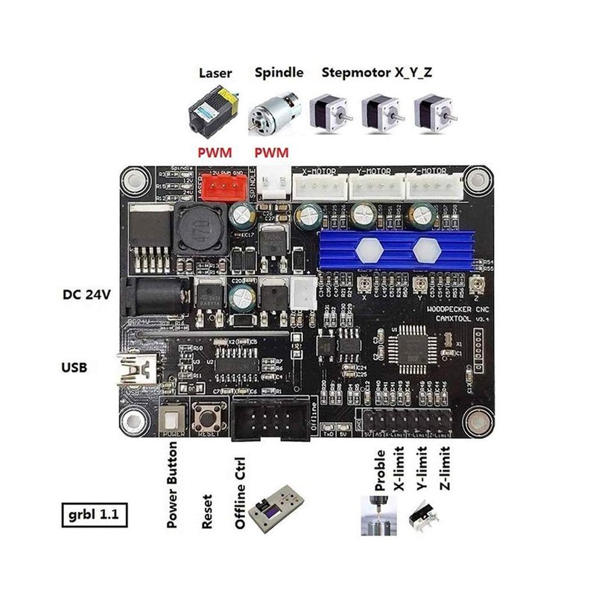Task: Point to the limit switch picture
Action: click(424, 516)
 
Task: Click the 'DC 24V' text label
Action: click(86, 294)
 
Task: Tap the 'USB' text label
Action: click(74, 367)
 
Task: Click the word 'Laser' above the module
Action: click(215, 73)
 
